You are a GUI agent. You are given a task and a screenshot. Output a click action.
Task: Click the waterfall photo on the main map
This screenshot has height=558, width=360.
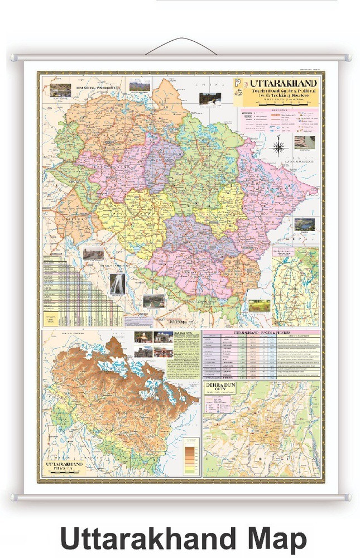coord(117,283)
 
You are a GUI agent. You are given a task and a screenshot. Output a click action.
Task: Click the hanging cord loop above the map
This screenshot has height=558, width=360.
coord(180,46)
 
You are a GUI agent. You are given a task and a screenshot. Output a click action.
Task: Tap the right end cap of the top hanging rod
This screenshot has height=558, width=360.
coord(347,57)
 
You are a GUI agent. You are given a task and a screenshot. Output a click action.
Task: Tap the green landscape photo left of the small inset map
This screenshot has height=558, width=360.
coord(259,305)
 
